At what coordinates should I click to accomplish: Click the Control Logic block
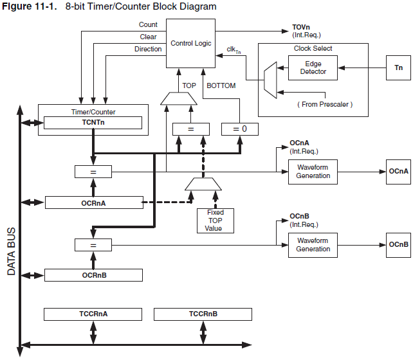[x=192, y=42]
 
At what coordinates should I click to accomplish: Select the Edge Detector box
[x=313, y=67]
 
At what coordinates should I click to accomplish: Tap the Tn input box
[x=398, y=67]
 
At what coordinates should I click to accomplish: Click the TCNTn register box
[x=93, y=122]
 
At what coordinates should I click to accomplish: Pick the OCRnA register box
[x=93, y=203]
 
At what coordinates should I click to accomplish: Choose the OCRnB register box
[x=93, y=275]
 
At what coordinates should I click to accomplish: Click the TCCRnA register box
[x=93, y=314]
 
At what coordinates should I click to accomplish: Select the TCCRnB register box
[x=203, y=314]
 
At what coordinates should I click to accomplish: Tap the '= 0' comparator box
[x=239, y=129]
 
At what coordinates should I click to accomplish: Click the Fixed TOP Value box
[x=216, y=220]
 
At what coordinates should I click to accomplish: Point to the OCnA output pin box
[x=398, y=172]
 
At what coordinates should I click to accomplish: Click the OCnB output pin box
[x=398, y=245]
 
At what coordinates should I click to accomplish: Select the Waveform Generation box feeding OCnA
[x=313, y=172]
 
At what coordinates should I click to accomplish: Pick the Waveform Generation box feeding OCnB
[x=313, y=245]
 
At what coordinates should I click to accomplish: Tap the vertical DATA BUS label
[x=12, y=251]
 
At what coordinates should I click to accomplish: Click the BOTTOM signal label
[x=221, y=85]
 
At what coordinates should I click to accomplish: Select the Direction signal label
[x=148, y=50]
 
